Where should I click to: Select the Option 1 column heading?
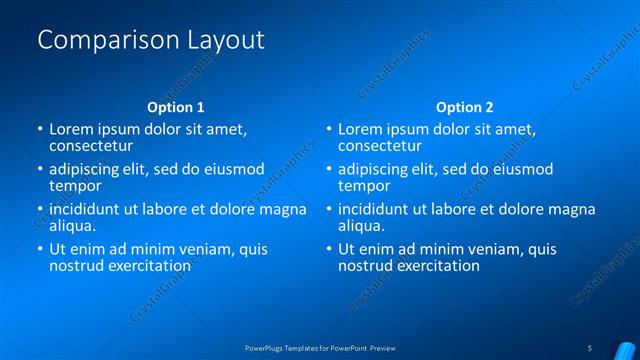176,107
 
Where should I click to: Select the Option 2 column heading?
464,107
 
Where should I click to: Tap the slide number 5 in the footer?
589,348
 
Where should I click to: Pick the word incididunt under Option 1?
89,209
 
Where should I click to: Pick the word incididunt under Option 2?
377,209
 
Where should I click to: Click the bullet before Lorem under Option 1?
39,129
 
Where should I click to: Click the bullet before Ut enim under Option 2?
327,249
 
